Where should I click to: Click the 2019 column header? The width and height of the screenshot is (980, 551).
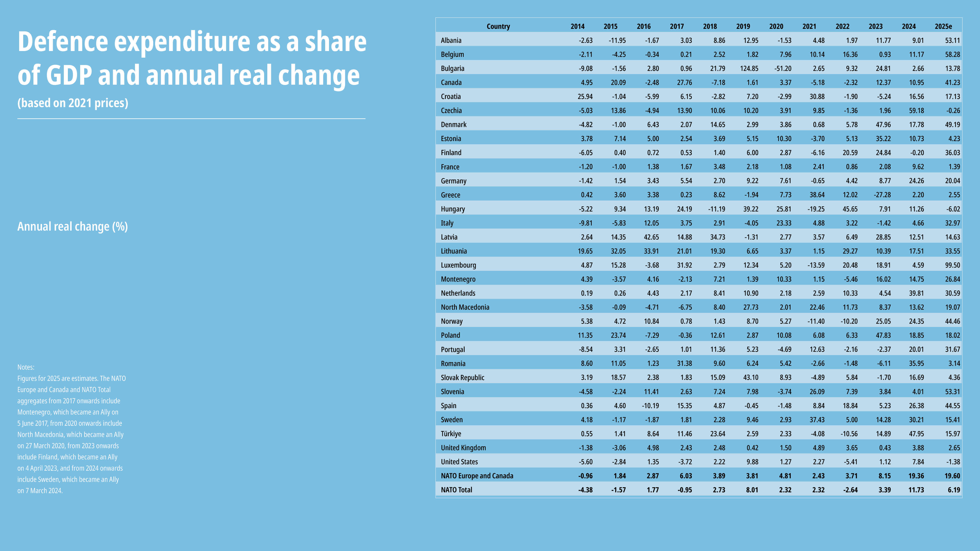coord(743,26)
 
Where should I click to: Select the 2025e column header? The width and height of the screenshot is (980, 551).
coord(944,26)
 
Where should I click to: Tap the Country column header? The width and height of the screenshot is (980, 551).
coord(498,26)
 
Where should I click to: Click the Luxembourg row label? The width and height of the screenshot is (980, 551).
coord(458,265)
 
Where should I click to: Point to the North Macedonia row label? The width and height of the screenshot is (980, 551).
coord(465,307)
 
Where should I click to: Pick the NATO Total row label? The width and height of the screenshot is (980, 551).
coord(457,490)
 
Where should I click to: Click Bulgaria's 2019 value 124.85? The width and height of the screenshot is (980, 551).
coord(749,68)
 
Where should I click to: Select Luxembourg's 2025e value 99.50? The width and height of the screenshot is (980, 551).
coord(953,265)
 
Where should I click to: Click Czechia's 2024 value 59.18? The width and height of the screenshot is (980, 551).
coord(916,111)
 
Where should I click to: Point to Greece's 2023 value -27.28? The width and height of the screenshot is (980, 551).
coord(882,195)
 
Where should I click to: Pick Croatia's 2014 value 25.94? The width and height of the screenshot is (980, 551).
coord(585,97)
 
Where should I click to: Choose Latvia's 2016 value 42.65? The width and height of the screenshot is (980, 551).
coord(651,237)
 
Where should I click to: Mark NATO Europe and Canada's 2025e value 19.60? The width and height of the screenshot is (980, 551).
coord(953,476)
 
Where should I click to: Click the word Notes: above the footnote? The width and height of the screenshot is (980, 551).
coord(26,367)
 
